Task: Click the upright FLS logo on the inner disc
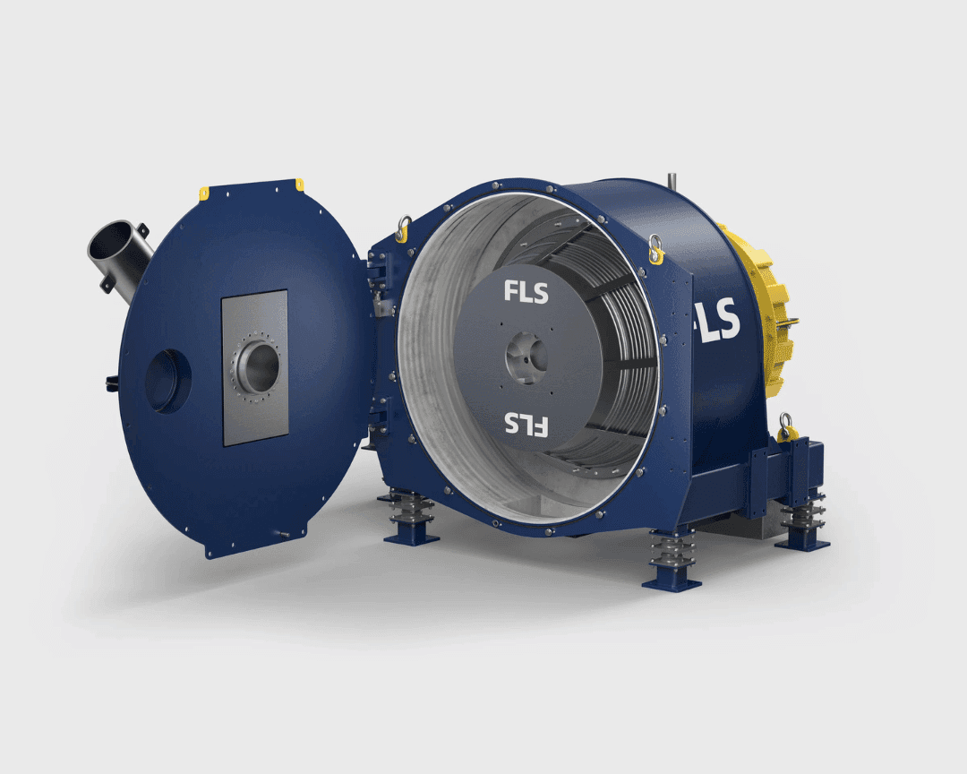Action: click(x=526, y=292)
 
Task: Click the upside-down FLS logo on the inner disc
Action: click(x=526, y=425)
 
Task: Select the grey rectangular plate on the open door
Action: click(x=254, y=368)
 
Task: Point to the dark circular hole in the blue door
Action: click(x=167, y=381)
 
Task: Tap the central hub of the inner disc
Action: click(x=526, y=358)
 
